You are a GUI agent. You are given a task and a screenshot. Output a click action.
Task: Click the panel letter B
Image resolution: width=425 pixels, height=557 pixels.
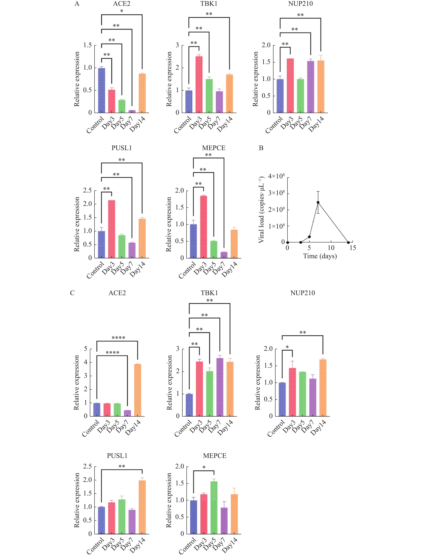(x=261, y=148)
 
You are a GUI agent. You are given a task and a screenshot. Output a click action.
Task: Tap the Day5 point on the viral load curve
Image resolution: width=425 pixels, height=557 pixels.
(x=309, y=237)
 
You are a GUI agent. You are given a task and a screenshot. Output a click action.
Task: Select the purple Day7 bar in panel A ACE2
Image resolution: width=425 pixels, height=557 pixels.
(x=132, y=111)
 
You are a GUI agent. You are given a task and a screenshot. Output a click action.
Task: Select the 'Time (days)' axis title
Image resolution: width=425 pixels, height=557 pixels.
(x=320, y=256)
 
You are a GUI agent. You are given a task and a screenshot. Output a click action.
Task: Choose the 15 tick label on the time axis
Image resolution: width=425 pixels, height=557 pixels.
(x=353, y=248)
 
